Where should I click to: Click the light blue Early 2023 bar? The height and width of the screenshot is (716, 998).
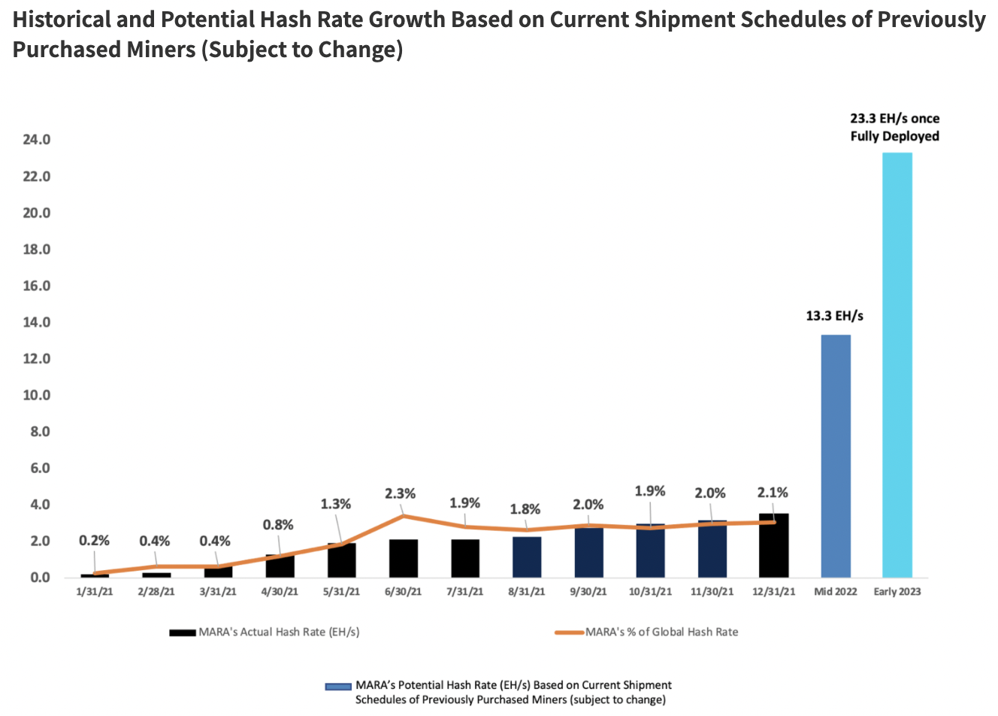pos(897,365)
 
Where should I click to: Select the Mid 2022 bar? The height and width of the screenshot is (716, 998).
pos(835,456)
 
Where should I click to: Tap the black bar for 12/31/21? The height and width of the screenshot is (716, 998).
pos(773,546)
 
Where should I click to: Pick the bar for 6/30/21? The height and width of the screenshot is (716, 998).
pos(404,559)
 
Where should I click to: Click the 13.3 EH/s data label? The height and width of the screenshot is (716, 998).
pos(834,316)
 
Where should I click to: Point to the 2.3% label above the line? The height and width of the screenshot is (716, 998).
pos(400,494)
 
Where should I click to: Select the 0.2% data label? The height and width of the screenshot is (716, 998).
pos(94,541)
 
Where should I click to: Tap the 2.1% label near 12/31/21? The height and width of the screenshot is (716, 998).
pos(773,493)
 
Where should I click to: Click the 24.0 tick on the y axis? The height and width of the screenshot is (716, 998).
pos(36,140)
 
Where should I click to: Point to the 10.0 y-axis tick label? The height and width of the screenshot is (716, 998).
pos(36,396)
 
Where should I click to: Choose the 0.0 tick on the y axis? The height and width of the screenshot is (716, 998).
pos(40,578)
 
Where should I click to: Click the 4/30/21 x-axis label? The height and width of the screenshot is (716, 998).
pos(280,592)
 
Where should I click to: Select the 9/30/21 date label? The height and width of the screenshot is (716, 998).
pos(588,592)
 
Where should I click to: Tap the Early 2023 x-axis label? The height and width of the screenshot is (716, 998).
pos(897,592)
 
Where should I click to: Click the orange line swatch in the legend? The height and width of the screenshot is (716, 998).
pos(569,633)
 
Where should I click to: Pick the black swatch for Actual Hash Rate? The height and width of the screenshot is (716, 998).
pos(183,633)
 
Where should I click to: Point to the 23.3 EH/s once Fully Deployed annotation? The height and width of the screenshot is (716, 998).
pos(894,127)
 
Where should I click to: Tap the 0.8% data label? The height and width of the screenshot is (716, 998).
pos(278,525)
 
